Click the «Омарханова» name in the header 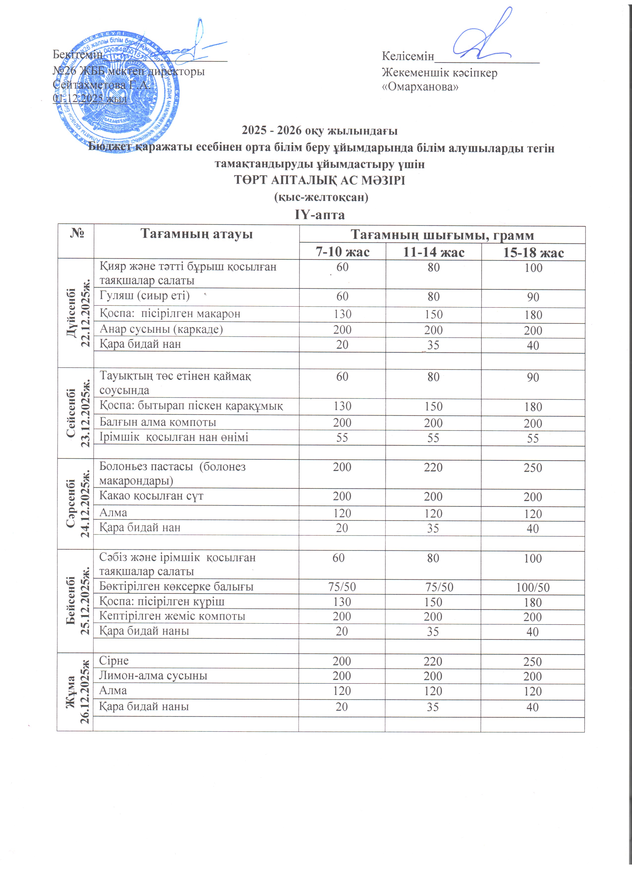point(420,87)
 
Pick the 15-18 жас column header point(533,253)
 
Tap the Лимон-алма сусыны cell point(153,676)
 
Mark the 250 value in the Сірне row point(533,662)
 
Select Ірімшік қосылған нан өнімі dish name point(174,437)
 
